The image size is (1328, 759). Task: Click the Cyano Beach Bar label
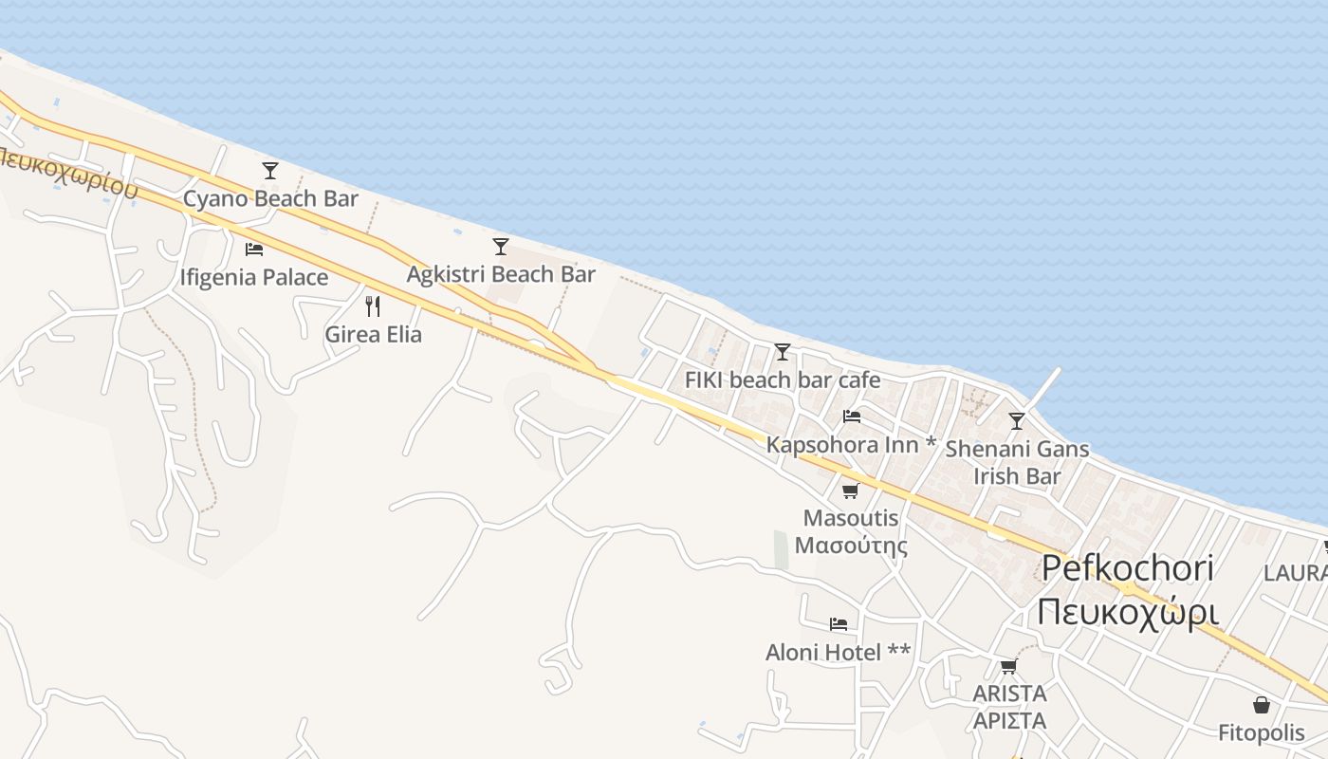270,199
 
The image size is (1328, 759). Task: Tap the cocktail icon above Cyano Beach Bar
270,171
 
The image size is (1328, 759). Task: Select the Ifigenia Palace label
254,278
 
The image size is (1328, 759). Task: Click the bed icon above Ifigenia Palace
254,250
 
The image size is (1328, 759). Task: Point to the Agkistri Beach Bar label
501,275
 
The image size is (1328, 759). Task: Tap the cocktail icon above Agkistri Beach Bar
501,247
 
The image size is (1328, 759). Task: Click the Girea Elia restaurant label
373,335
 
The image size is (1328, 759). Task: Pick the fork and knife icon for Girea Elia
373,306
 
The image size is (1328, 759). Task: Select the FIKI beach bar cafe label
783,380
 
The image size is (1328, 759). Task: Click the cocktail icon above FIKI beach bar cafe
783,352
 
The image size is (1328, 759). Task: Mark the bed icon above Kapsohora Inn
852,417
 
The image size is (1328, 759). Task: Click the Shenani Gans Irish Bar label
1017,462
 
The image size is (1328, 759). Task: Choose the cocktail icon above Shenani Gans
1017,420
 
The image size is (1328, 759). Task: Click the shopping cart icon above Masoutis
851,491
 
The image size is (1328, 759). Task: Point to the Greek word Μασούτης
851,546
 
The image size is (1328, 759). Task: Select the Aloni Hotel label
838,653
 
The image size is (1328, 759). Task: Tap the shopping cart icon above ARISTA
1008,666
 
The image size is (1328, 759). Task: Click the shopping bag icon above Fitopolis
1262,705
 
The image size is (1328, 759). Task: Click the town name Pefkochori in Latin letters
1127,568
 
